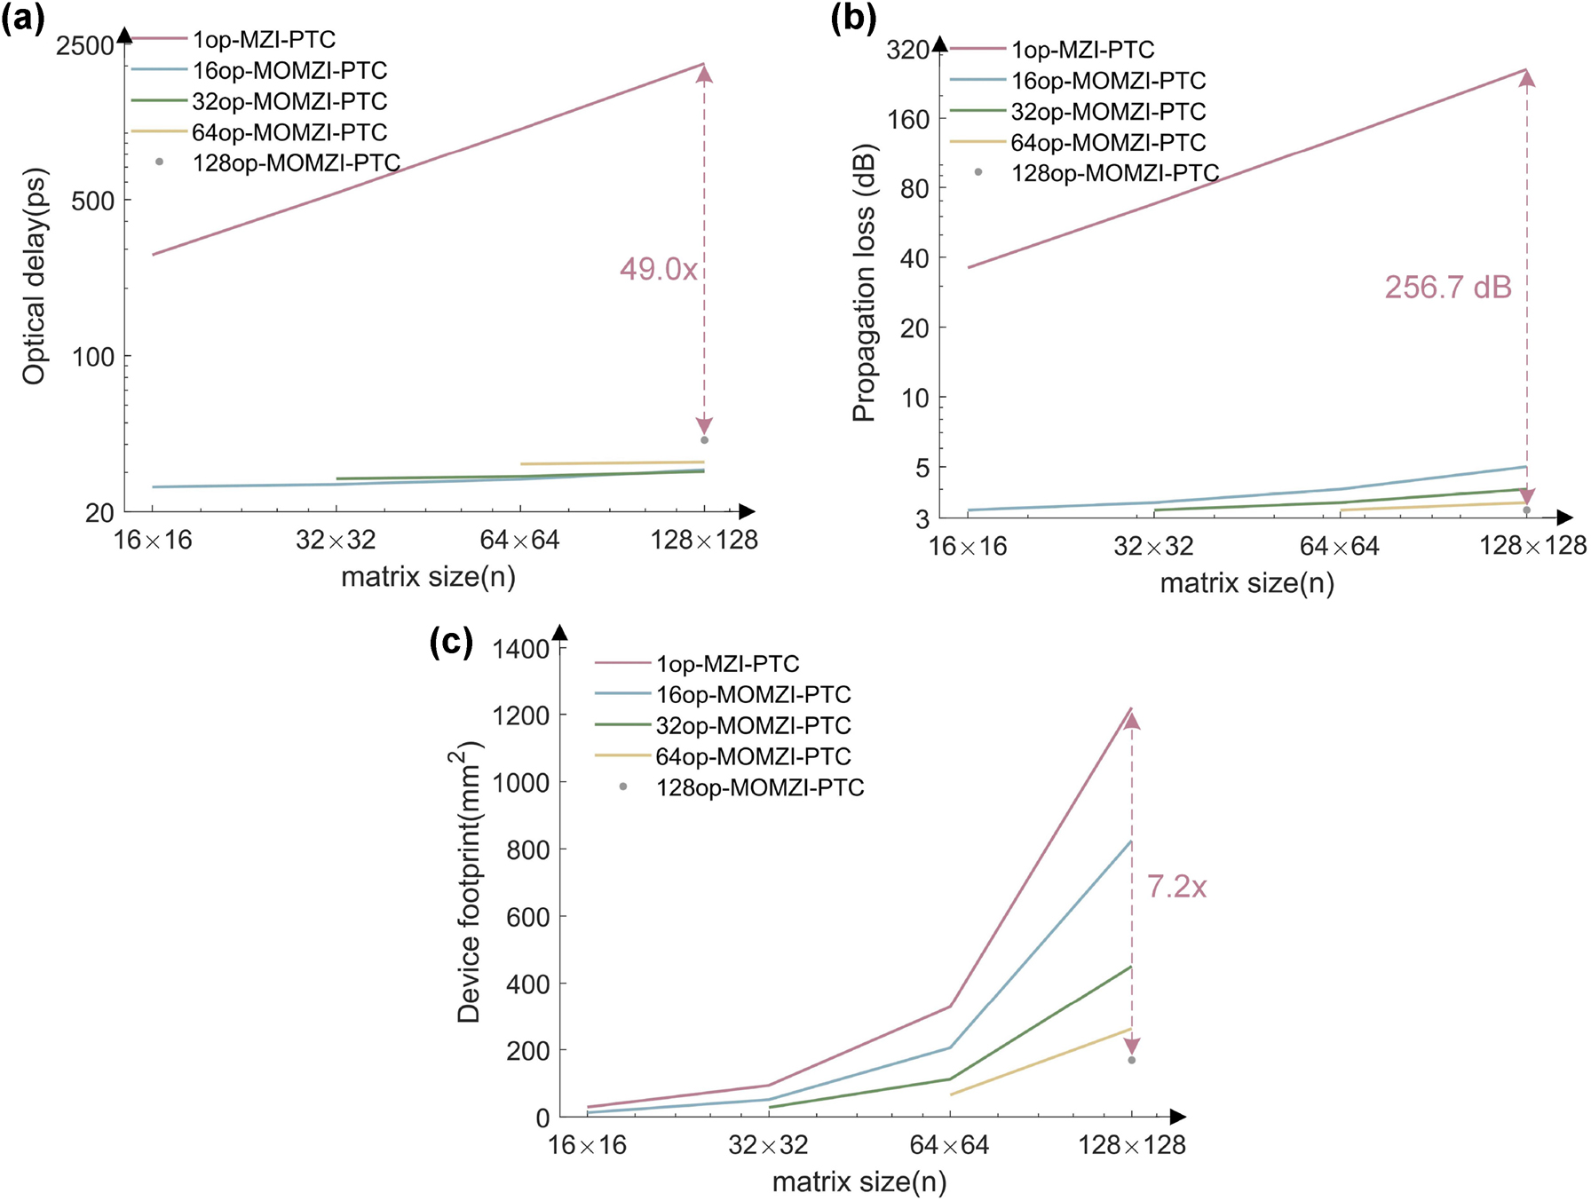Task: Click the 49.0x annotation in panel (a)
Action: click(x=658, y=269)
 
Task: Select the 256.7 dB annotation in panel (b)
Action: click(x=1448, y=288)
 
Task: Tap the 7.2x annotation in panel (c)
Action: click(x=1176, y=887)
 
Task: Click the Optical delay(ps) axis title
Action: click(x=34, y=276)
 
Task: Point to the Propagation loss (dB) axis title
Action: click(x=864, y=282)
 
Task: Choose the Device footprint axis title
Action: click(x=468, y=882)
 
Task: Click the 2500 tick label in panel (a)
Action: click(x=84, y=45)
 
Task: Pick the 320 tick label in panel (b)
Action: click(x=907, y=50)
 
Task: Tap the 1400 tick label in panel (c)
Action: click(x=521, y=649)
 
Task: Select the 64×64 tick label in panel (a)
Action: click(x=519, y=540)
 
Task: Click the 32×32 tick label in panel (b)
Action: click(x=1153, y=546)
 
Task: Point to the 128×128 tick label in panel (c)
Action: click(x=1131, y=1145)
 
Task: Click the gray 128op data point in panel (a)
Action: click(x=705, y=440)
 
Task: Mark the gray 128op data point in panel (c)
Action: click(x=1132, y=1061)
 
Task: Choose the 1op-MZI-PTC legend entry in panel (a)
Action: click(x=264, y=40)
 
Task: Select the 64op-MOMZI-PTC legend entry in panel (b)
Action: click(x=1108, y=143)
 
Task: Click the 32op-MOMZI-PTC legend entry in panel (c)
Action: click(x=753, y=726)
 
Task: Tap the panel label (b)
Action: click(x=853, y=19)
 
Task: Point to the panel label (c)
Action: click(x=451, y=642)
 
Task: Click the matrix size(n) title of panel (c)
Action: click(x=859, y=1182)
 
